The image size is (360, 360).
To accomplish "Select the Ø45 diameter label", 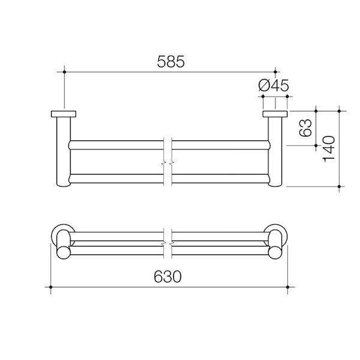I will pos(274,86).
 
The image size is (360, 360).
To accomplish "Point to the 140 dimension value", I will pos(329,148).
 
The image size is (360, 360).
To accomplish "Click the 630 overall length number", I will pos(168,277).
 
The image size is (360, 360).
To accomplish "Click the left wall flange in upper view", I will pos(63,113).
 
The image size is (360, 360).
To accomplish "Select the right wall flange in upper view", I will pos(275,113).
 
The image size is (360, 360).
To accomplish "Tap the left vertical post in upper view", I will pos(63,153).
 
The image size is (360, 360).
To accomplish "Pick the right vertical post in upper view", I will pos(275,153).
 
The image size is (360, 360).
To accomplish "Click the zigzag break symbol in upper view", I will pos(169,163).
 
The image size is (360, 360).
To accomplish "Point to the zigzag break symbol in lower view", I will pos(169,242).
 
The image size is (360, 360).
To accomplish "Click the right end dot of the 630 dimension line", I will pos(289,288).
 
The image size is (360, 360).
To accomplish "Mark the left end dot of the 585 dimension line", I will pos(63,72).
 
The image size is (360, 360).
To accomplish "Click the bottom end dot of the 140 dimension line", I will pos(340,187).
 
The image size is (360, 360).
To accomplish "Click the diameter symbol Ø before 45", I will pos(265,86).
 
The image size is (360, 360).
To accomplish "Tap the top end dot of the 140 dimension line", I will pos(340,110).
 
